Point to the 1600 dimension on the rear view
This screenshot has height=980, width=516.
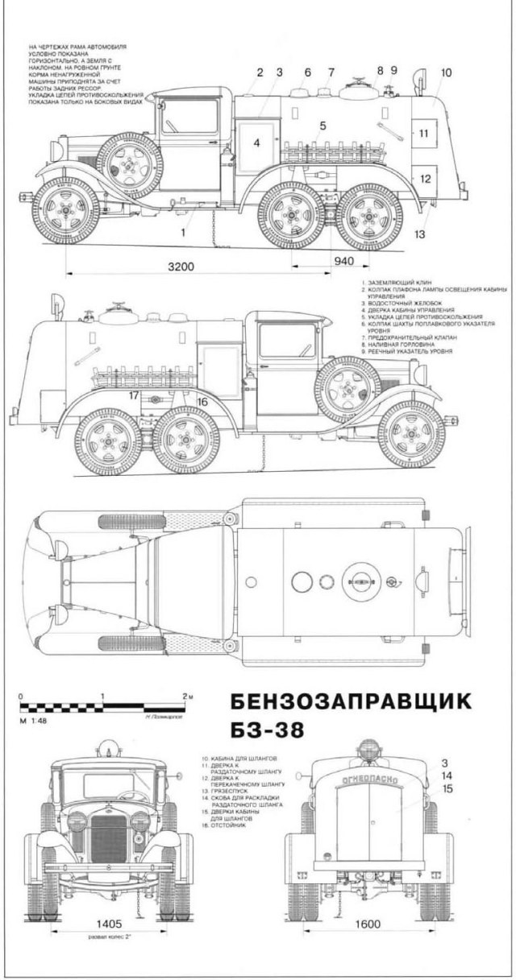[368, 924]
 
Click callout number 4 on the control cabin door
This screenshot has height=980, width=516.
[257, 143]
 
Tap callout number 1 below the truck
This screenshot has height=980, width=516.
[184, 232]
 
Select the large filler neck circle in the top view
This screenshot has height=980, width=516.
[360, 581]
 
